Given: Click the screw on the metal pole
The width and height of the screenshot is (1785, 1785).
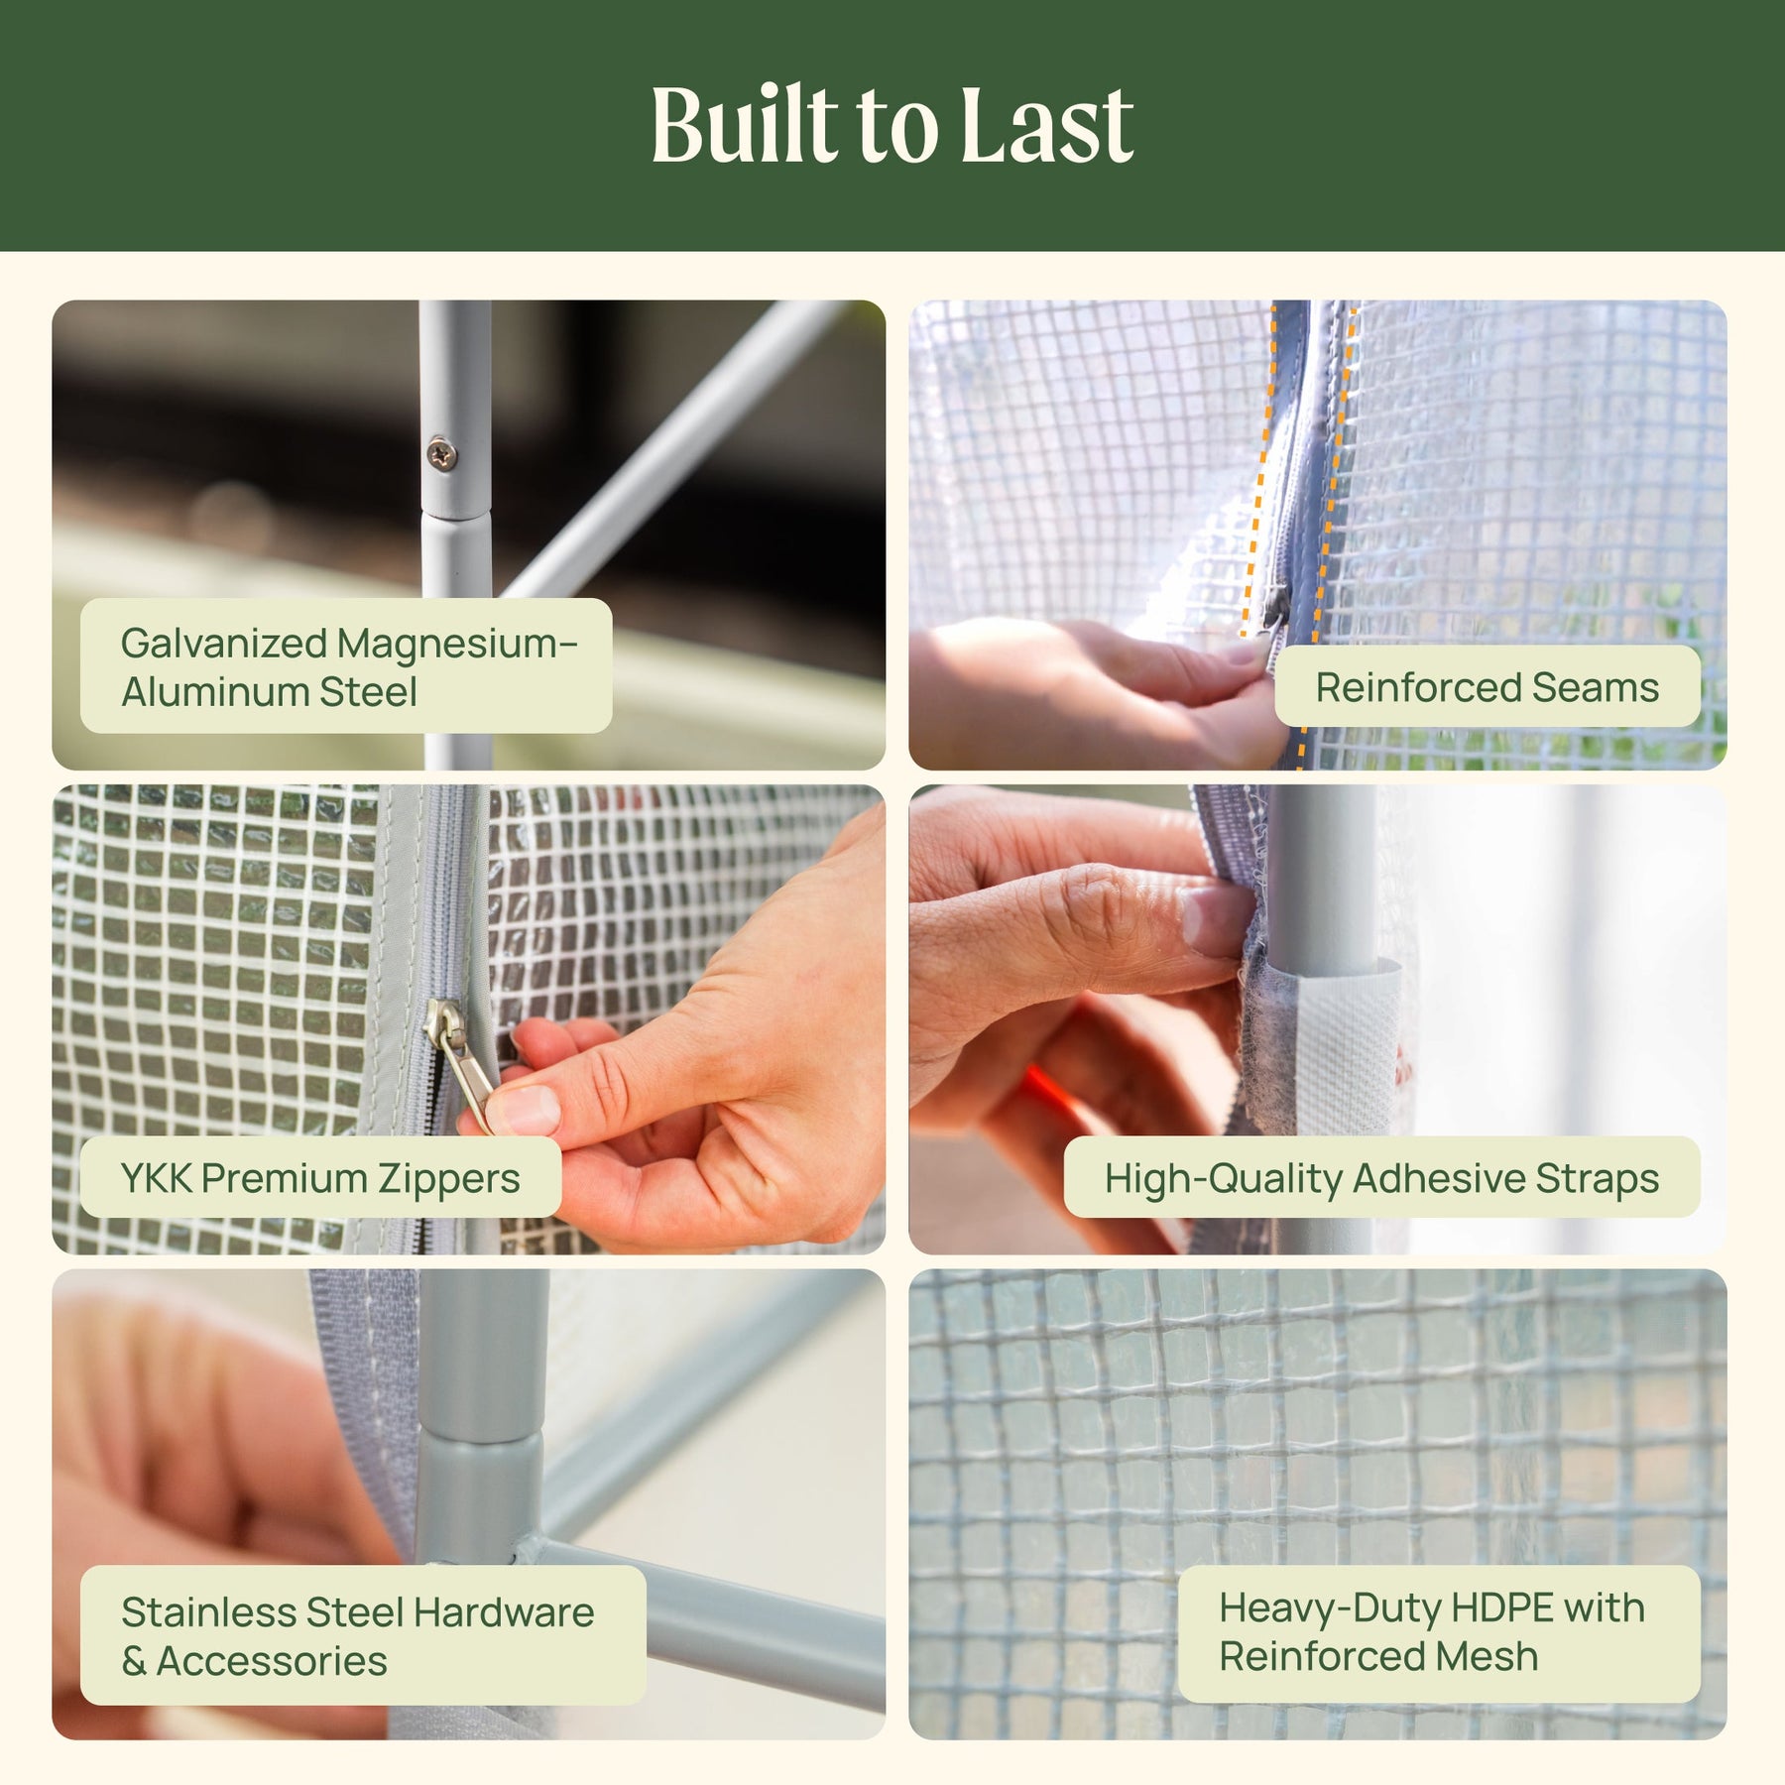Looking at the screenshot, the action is pos(442,454).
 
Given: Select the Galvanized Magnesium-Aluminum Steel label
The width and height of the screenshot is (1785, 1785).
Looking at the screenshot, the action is pos(346,665).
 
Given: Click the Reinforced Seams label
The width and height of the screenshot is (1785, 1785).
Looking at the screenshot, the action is pos(1487,686).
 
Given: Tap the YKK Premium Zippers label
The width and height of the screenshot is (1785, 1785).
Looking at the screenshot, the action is pos(320,1177).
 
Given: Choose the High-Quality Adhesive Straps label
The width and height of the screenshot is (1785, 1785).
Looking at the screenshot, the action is pos(1381,1177).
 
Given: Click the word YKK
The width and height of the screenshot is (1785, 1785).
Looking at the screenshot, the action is pos(156,1178).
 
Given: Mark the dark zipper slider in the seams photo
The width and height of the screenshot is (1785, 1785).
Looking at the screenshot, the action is pos(1275,604).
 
